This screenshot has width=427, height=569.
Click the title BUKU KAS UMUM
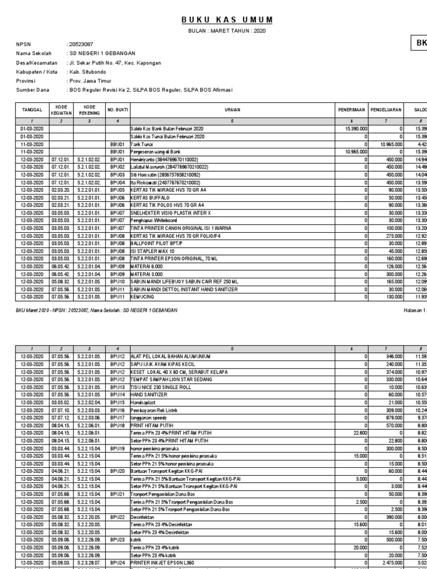228,20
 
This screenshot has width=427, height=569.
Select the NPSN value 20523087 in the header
81,43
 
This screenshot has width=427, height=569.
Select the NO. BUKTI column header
118,111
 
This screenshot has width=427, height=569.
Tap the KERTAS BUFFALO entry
152,197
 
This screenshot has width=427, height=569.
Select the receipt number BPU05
117,189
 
